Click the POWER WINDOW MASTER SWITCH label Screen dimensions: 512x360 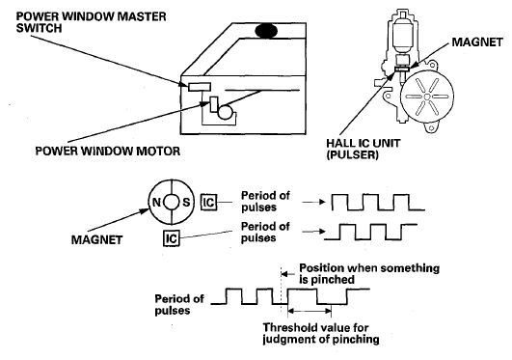point(91,22)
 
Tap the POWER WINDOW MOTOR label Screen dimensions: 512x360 point(108,152)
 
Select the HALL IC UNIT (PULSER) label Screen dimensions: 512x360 point(364,149)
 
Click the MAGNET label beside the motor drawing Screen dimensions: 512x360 point(477,42)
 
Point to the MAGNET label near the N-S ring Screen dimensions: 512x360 point(96,240)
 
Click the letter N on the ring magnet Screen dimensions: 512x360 point(156,203)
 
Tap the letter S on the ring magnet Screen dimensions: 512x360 point(186,203)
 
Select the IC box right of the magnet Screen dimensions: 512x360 point(208,203)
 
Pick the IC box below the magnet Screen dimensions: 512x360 point(172,238)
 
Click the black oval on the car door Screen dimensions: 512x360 point(266,32)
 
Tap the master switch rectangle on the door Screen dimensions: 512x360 point(200,87)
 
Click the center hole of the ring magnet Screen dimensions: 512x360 point(171,203)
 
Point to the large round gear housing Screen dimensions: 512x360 point(427,97)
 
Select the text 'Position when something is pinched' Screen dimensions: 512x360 point(369,274)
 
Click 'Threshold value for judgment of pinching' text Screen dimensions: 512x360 point(321,333)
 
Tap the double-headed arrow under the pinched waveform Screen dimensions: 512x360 point(310,312)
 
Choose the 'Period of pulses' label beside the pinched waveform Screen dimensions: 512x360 point(178,304)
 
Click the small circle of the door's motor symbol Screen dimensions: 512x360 point(226,112)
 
